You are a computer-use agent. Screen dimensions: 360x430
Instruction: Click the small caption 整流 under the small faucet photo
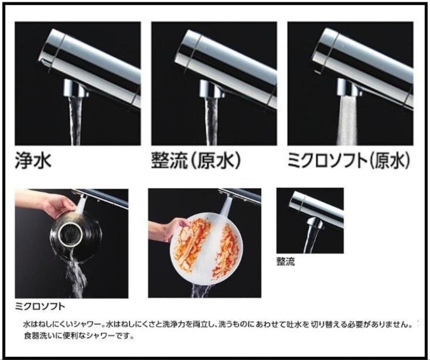[x=285, y=262]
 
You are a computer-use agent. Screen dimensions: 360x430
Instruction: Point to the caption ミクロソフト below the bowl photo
[x=39, y=307]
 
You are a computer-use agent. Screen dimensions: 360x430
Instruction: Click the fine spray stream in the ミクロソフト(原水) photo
[x=348, y=121]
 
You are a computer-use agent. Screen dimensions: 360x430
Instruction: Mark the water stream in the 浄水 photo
[x=76, y=119]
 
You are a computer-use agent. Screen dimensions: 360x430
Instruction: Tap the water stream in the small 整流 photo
[x=310, y=241]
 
